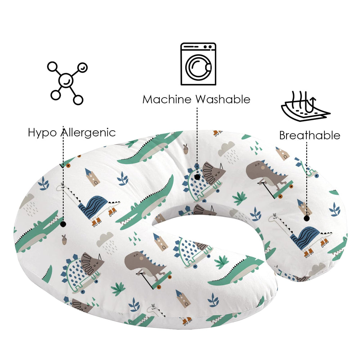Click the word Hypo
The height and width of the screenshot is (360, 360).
tap(42, 133)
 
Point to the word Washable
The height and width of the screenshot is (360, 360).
tap(223, 99)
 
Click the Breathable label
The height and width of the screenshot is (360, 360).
tap(310, 135)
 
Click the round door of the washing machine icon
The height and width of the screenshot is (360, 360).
tap(198, 67)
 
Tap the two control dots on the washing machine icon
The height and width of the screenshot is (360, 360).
tap(208, 47)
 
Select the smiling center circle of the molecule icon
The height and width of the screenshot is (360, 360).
tap(66, 81)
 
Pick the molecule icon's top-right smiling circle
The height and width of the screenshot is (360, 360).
tap(82, 68)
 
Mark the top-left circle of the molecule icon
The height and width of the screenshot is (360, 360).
tap(53, 67)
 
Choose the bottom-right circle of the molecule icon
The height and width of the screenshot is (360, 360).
tap(78, 100)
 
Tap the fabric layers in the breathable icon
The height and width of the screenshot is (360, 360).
tap(305, 112)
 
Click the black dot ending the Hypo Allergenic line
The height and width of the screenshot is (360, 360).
tap(63, 224)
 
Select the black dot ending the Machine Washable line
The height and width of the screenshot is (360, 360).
tap(197, 177)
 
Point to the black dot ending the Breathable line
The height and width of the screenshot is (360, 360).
tap(306, 219)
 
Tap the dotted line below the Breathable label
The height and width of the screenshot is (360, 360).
tap(307, 179)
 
